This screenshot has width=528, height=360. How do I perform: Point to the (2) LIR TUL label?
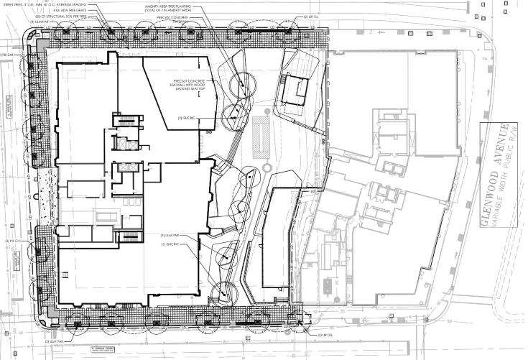point(312,17)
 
